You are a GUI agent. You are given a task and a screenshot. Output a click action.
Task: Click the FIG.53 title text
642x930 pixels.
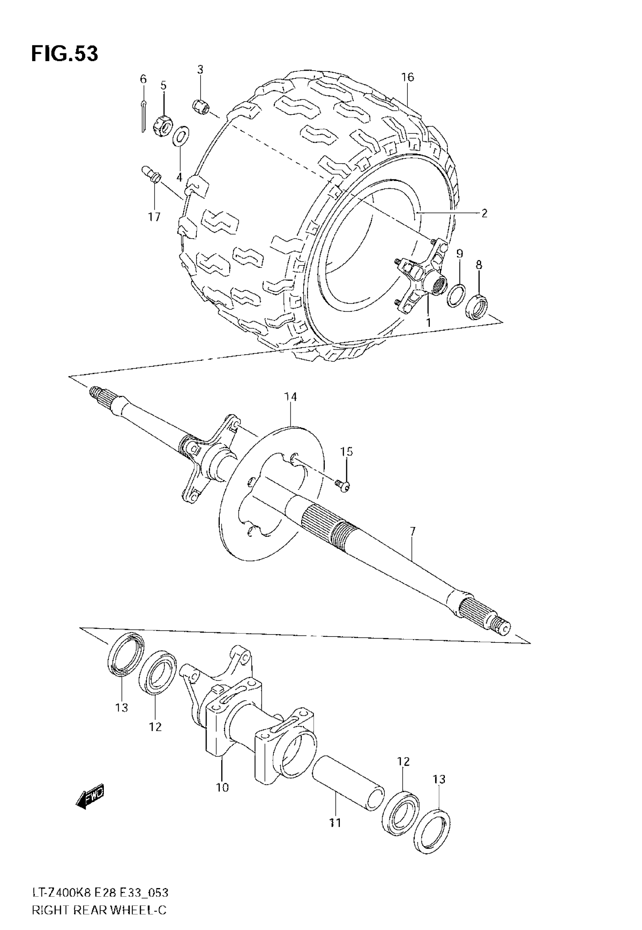64,54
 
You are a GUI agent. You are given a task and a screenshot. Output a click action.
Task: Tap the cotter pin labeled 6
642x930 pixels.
144,117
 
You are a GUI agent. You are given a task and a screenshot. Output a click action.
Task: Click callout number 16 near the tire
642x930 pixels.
407,77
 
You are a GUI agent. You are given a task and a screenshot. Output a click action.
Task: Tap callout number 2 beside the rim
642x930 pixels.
484,213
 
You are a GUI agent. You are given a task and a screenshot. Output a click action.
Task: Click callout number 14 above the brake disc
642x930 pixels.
290,397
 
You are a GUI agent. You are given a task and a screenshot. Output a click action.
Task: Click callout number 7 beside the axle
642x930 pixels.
412,532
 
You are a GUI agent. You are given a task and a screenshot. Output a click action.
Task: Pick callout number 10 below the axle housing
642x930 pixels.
222,787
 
